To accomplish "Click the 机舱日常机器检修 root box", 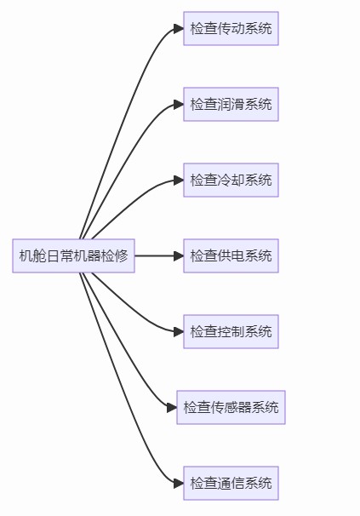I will pyautogui.click(x=73, y=255).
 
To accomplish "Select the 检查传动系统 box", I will pyautogui.click(x=231, y=29).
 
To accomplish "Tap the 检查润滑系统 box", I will pyautogui.click(x=231, y=104).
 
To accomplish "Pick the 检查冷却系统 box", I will pyautogui.click(x=231, y=180).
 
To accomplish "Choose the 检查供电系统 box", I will pyautogui.click(x=231, y=255).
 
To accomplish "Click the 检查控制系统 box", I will pyautogui.click(x=231, y=331).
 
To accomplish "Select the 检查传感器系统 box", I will pyautogui.click(x=231, y=407).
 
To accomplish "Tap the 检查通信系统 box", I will pyautogui.click(x=231, y=483).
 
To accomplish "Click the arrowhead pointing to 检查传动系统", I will pyautogui.click(x=178, y=29).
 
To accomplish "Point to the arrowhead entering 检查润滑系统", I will pyautogui.click(x=178, y=104).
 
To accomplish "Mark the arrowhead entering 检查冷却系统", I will pyautogui.click(x=178, y=180).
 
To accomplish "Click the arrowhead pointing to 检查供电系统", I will pyautogui.click(x=178, y=255).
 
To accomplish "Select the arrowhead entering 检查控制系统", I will pyautogui.click(x=178, y=331).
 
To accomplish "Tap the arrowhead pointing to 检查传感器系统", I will pyautogui.click(x=171, y=407).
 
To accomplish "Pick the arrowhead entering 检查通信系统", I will pyautogui.click(x=178, y=483).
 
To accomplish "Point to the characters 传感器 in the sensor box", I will pyautogui.click(x=231, y=407).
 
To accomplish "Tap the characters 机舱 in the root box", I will pyautogui.click(x=33, y=255).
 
